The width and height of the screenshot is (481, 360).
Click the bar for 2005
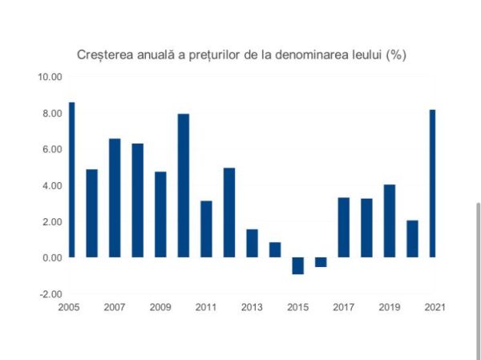(x=71, y=180)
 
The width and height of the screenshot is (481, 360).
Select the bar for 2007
(x=115, y=198)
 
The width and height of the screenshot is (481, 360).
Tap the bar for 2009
(x=160, y=214)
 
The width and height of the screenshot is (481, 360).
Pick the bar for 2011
(x=206, y=229)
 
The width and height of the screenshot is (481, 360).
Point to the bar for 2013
(x=252, y=243)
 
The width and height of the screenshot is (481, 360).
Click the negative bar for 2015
(x=297, y=265)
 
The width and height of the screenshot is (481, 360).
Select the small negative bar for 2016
(x=321, y=262)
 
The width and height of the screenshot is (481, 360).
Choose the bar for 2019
(x=389, y=221)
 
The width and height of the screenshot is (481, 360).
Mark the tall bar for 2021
(x=433, y=184)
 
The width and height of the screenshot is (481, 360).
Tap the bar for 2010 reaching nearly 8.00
(x=183, y=185)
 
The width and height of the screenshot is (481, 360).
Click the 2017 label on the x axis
(x=343, y=306)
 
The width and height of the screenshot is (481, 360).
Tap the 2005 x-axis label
(x=69, y=306)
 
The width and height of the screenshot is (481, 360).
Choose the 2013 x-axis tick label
(x=252, y=306)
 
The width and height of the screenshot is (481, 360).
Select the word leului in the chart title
(x=362, y=55)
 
